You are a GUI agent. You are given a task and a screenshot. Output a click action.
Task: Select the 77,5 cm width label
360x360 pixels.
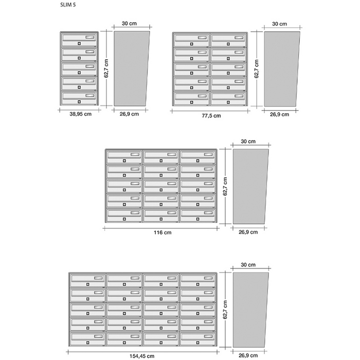[210, 116]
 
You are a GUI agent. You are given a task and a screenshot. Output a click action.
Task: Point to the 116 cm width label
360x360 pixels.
[163, 232]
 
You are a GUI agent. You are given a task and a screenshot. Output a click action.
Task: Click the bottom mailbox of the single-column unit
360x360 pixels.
[80, 98]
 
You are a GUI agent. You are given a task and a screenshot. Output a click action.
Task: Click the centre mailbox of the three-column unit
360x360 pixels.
[161, 186]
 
